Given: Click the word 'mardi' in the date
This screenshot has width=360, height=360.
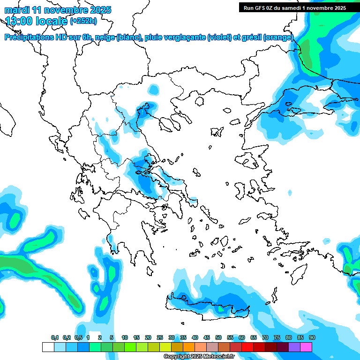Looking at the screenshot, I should pos(16,10).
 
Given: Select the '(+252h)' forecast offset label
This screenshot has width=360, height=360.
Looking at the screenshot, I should pos(83,21).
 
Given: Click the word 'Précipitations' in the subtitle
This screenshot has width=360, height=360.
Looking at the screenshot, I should pos(30,37).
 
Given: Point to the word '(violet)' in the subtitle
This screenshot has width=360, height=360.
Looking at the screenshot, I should pos(222,37).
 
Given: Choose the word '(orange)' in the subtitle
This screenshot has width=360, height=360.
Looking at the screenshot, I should pos(278,37).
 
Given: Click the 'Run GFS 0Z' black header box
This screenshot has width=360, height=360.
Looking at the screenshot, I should pos(295,7).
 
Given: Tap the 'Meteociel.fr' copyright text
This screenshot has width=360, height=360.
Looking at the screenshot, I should pos(216,357).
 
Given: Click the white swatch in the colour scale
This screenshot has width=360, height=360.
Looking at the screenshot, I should pos(48,347).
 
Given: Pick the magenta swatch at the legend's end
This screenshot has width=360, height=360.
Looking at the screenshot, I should pos(306,347).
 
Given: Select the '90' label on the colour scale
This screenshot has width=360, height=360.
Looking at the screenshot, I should pos(312,337).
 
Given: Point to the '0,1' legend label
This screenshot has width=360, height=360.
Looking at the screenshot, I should pos(55,337).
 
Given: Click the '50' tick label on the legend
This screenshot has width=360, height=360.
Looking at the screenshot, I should pos(218,337).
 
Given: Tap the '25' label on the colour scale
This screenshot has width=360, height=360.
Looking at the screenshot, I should pos(160,337).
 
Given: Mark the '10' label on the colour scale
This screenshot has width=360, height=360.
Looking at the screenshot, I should pos(125,337).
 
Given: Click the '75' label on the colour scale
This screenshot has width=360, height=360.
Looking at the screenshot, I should pos(277,337).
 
